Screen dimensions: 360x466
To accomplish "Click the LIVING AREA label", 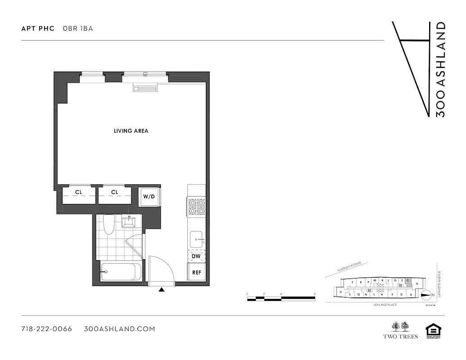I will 131,131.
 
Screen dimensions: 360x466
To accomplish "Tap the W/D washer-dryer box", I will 149,197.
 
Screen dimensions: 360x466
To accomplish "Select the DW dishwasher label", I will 196,256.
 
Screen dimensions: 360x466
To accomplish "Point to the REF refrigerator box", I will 196,272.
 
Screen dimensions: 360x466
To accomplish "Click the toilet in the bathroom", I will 109,225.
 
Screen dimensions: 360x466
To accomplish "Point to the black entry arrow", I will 161,290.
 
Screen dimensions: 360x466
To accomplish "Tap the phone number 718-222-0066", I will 46,329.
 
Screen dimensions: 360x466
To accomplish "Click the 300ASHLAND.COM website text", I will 119,329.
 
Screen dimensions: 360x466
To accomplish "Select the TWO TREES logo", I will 400,330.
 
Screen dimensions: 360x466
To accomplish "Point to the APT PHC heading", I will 38,28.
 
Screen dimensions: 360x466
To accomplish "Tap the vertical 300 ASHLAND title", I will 441,70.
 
